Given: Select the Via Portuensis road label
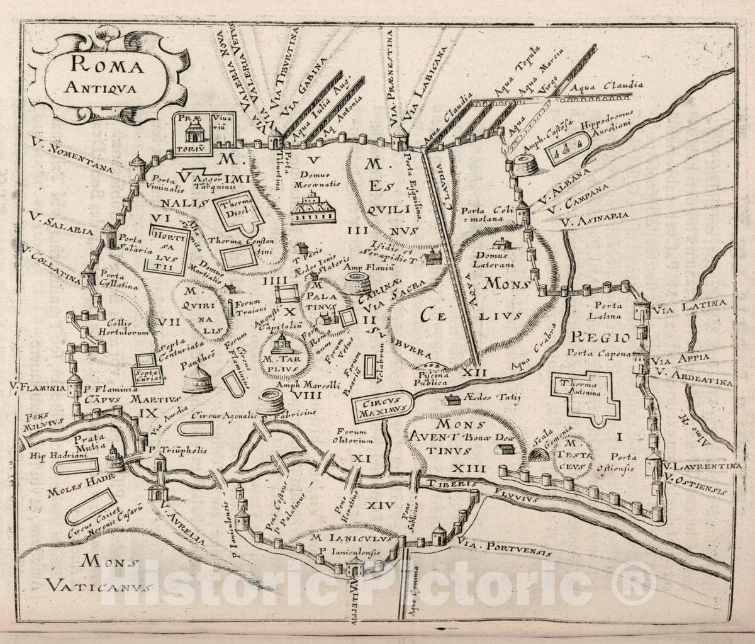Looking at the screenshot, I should (506, 545).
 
